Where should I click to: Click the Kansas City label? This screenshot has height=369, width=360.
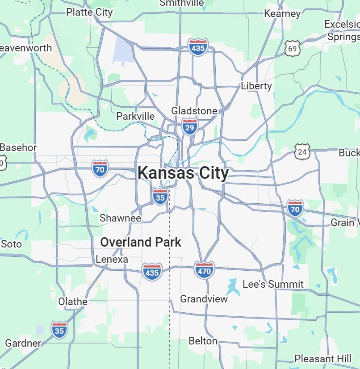tap(183, 173)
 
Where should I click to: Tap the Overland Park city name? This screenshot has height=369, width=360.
tap(141, 242)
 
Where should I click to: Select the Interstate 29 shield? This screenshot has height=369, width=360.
tap(189, 127)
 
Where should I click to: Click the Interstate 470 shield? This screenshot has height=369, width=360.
tap(204, 270)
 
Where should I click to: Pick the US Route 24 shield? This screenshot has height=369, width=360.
tap(302, 152)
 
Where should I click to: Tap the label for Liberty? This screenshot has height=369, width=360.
tap(256, 86)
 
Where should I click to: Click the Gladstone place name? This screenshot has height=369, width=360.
tap(194, 111)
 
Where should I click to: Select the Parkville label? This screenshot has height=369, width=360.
tap(135, 116)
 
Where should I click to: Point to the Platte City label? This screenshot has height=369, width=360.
tap(89, 12)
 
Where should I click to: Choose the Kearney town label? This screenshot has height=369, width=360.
tap(282, 13)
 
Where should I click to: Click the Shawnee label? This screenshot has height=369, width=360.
tap(120, 218)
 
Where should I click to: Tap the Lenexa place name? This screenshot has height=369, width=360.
tap(112, 259)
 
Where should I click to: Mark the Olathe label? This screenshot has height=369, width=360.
tap(73, 302)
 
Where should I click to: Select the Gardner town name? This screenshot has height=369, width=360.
tap(23, 343)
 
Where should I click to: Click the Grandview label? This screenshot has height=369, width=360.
tap(204, 299)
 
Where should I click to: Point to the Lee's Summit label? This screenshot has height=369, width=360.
tap(273, 284)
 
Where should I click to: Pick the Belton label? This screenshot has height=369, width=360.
tap(203, 341)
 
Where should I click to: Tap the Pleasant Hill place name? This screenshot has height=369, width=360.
tap(323, 359)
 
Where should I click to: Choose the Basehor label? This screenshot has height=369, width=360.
tap(18, 147)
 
